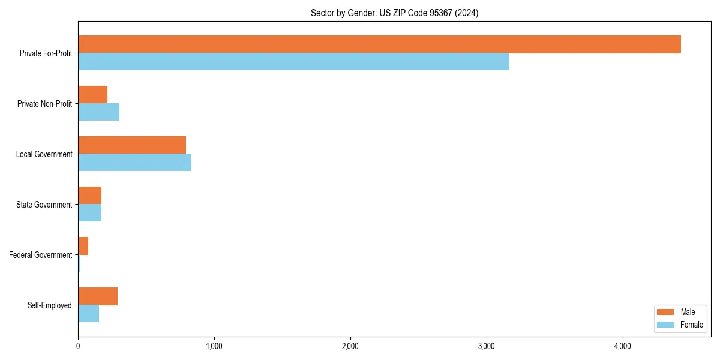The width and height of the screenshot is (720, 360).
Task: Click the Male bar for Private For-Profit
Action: tap(379, 44)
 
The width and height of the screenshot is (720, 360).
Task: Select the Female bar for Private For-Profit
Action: tap(293, 62)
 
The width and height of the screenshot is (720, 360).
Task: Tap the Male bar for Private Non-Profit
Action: tap(92, 95)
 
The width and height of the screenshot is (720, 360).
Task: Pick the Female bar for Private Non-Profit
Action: tap(98, 112)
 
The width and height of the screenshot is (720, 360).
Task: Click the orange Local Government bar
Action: tap(132, 145)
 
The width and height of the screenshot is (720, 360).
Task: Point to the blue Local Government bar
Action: tap(134, 163)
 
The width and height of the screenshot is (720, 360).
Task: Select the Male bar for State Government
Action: tap(89, 196)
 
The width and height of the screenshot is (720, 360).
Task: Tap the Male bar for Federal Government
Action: tap(83, 246)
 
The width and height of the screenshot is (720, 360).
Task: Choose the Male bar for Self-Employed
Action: tap(98, 296)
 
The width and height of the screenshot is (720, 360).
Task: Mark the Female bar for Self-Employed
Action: tap(88, 314)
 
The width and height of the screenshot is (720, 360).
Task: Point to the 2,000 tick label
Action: tap(350, 346)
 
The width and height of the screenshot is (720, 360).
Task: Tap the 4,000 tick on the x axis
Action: tap(622, 346)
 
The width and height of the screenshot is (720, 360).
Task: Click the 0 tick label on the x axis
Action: tap(78, 346)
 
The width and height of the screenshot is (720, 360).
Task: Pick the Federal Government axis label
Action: tap(41, 255)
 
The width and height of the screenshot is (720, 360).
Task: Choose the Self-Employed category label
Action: tap(50, 305)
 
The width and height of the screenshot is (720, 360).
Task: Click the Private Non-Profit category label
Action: tap(44, 104)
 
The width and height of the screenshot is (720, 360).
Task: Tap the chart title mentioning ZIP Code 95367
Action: tap(394, 13)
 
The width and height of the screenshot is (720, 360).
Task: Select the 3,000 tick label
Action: tap(486, 346)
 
